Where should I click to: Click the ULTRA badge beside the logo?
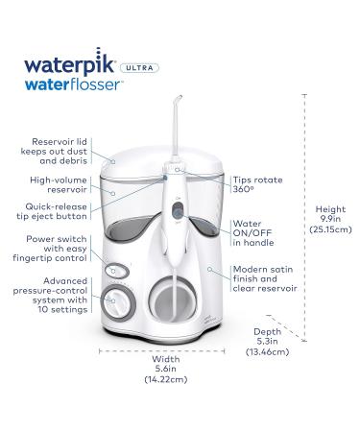[x=139, y=68]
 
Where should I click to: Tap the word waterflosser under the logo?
[x=73, y=85]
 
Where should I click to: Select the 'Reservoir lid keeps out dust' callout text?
[x=54, y=151]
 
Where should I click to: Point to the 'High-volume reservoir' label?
[x=59, y=184]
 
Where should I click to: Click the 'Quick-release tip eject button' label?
[x=52, y=211]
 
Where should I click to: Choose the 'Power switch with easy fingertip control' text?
[x=50, y=249]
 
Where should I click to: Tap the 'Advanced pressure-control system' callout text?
[x=50, y=295]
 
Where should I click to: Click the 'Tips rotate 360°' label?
[x=257, y=184]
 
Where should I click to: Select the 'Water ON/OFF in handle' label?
[x=253, y=233]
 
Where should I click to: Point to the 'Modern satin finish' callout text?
[x=265, y=278]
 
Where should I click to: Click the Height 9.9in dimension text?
[x=330, y=219]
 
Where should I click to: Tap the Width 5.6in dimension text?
[x=166, y=369]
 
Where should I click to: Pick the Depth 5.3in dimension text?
[x=267, y=342]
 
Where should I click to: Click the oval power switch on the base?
[x=117, y=272]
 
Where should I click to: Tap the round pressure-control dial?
[x=118, y=301]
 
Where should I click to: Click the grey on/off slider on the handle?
[x=178, y=211]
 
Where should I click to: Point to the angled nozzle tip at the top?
[x=178, y=99]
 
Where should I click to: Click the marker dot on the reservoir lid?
[x=113, y=162]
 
